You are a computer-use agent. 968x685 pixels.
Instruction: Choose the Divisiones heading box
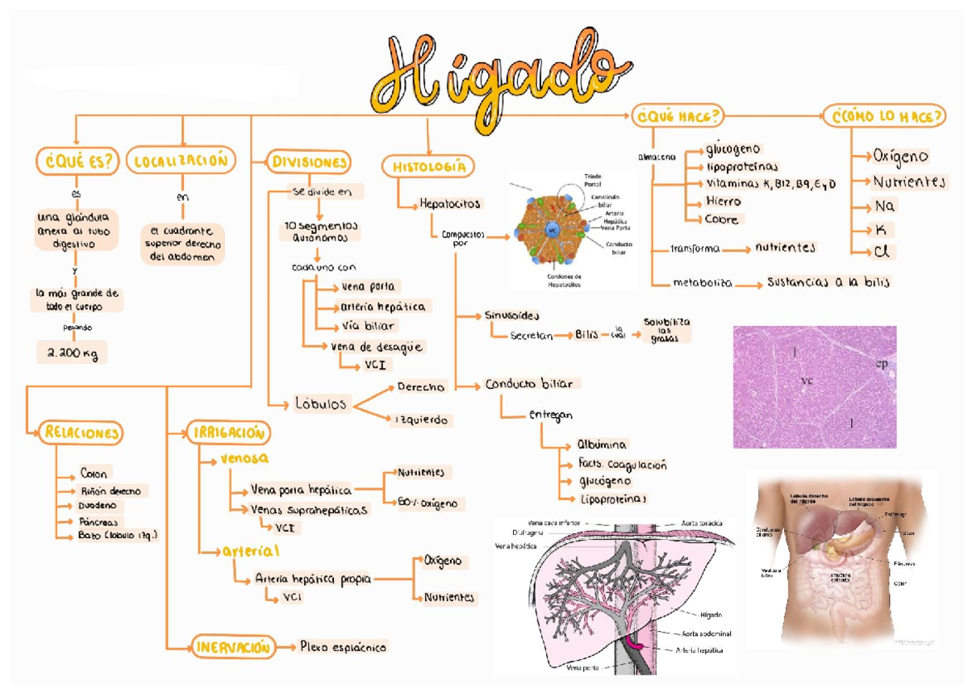pyautogui.click(x=311, y=162)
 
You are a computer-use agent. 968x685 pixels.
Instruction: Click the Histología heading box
pyautogui.click(x=428, y=166)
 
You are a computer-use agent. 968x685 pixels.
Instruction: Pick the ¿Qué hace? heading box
pyautogui.click(x=678, y=116)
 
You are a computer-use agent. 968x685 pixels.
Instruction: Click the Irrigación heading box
pyautogui.click(x=228, y=432)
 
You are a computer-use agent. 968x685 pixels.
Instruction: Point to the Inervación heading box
pyautogui.click(x=232, y=647)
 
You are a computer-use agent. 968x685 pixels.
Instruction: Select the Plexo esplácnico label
pyautogui.click(x=343, y=647)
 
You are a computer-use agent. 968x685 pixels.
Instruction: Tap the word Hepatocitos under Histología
pyautogui.click(x=449, y=203)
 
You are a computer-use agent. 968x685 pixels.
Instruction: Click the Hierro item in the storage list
pyautogui.click(x=723, y=201)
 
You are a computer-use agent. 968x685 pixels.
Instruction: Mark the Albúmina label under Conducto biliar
pyautogui.click(x=601, y=445)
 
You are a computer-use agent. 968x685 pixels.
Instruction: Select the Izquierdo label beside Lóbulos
pyautogui.click(x=423, y=420)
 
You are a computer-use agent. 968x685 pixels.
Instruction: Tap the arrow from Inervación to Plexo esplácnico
pyautogui.click(x=284, y=647)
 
